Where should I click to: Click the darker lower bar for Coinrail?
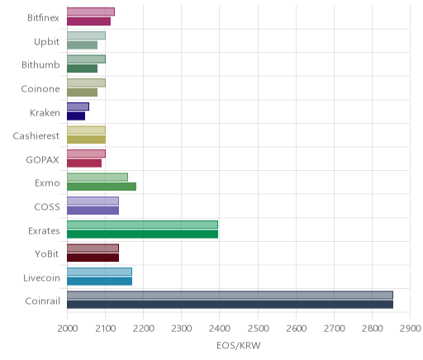pos(230,305)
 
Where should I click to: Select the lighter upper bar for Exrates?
pos(142,225)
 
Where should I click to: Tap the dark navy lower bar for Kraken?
pos(76,116)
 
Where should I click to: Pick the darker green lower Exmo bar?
pos(102,187)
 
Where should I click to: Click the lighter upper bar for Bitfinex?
pos(91,12)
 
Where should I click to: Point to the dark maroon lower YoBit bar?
pos(93,258)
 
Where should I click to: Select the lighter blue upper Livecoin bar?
pos(99,272)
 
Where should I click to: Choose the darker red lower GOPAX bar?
pos(84,163)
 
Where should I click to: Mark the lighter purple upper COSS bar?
pos(93,201)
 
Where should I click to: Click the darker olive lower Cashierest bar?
pos(86,140)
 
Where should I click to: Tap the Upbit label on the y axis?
pos(46,42)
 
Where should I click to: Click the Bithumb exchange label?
pos(40,65)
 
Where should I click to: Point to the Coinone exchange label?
pos(40,88)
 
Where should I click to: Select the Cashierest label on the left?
pos(36,136)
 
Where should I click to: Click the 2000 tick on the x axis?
pos(68,329)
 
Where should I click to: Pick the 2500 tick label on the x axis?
pos(259,329)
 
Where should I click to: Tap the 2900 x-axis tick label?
pos(411,329)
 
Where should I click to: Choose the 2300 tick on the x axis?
pos(182,329)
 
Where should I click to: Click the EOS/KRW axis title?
pos(239,346)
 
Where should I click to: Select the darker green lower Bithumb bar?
pos(82,69)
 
